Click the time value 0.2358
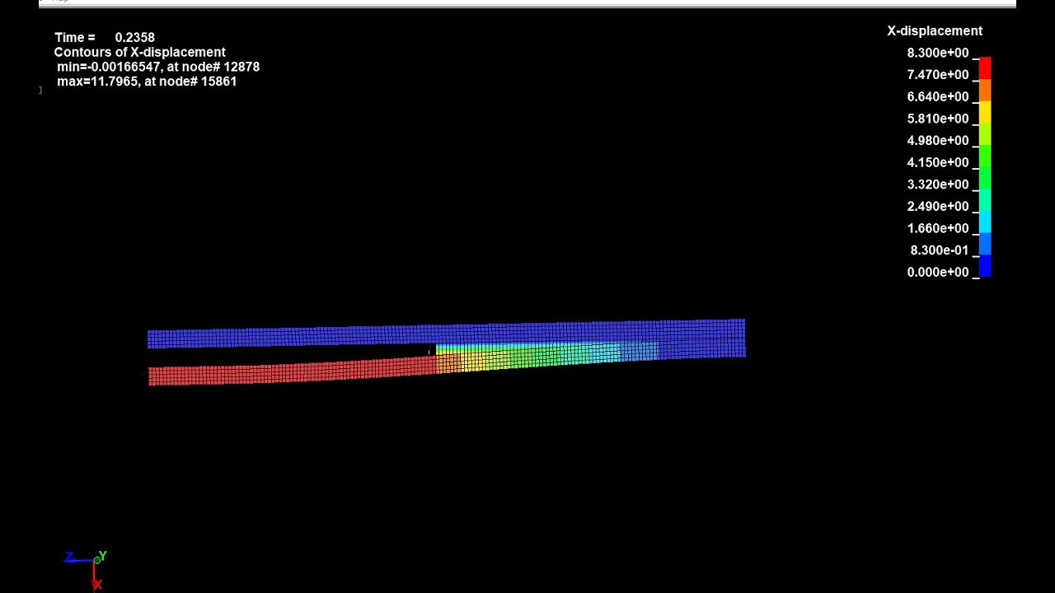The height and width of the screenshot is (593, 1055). pyautogui.click(x=134, y=38)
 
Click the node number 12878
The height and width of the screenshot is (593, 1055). pyautogui.click(x=241, y=68)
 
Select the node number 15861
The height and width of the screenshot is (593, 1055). pyautogui.click(x=218, y=82)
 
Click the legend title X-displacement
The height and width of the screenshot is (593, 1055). pyautogui.click(x=934, y=31)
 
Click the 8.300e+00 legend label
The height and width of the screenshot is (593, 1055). pyautogui.click(x=937, y=54)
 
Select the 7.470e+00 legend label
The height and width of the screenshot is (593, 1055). pyautogui.click(x=937, y=75)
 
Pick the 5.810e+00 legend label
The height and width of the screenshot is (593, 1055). pyautogui.click(x=937, y=119)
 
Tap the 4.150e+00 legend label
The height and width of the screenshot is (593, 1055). pyautogui.click(x=937, y=163)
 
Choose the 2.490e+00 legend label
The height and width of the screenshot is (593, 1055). pyautogui.click(x=937, y=207)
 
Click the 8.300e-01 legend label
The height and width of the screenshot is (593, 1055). pyautogui.click(x=939, y=250)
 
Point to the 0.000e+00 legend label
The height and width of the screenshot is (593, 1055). pyautogui.click(x=937, y=273)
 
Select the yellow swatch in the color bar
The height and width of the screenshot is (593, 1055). pyautogui.click(x=985, y=112)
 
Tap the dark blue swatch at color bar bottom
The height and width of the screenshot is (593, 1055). pyautogui.click(x=985, y=265)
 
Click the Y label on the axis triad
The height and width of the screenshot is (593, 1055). pyautogui.click(x=103, y=557)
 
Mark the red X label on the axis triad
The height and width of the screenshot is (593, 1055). pyautogui.click(x=97, y=585)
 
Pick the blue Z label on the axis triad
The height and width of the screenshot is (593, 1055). pyautogui.click(x=69, y=558)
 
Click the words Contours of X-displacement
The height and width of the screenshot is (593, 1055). pyautogui.click(x=139, y=53)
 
